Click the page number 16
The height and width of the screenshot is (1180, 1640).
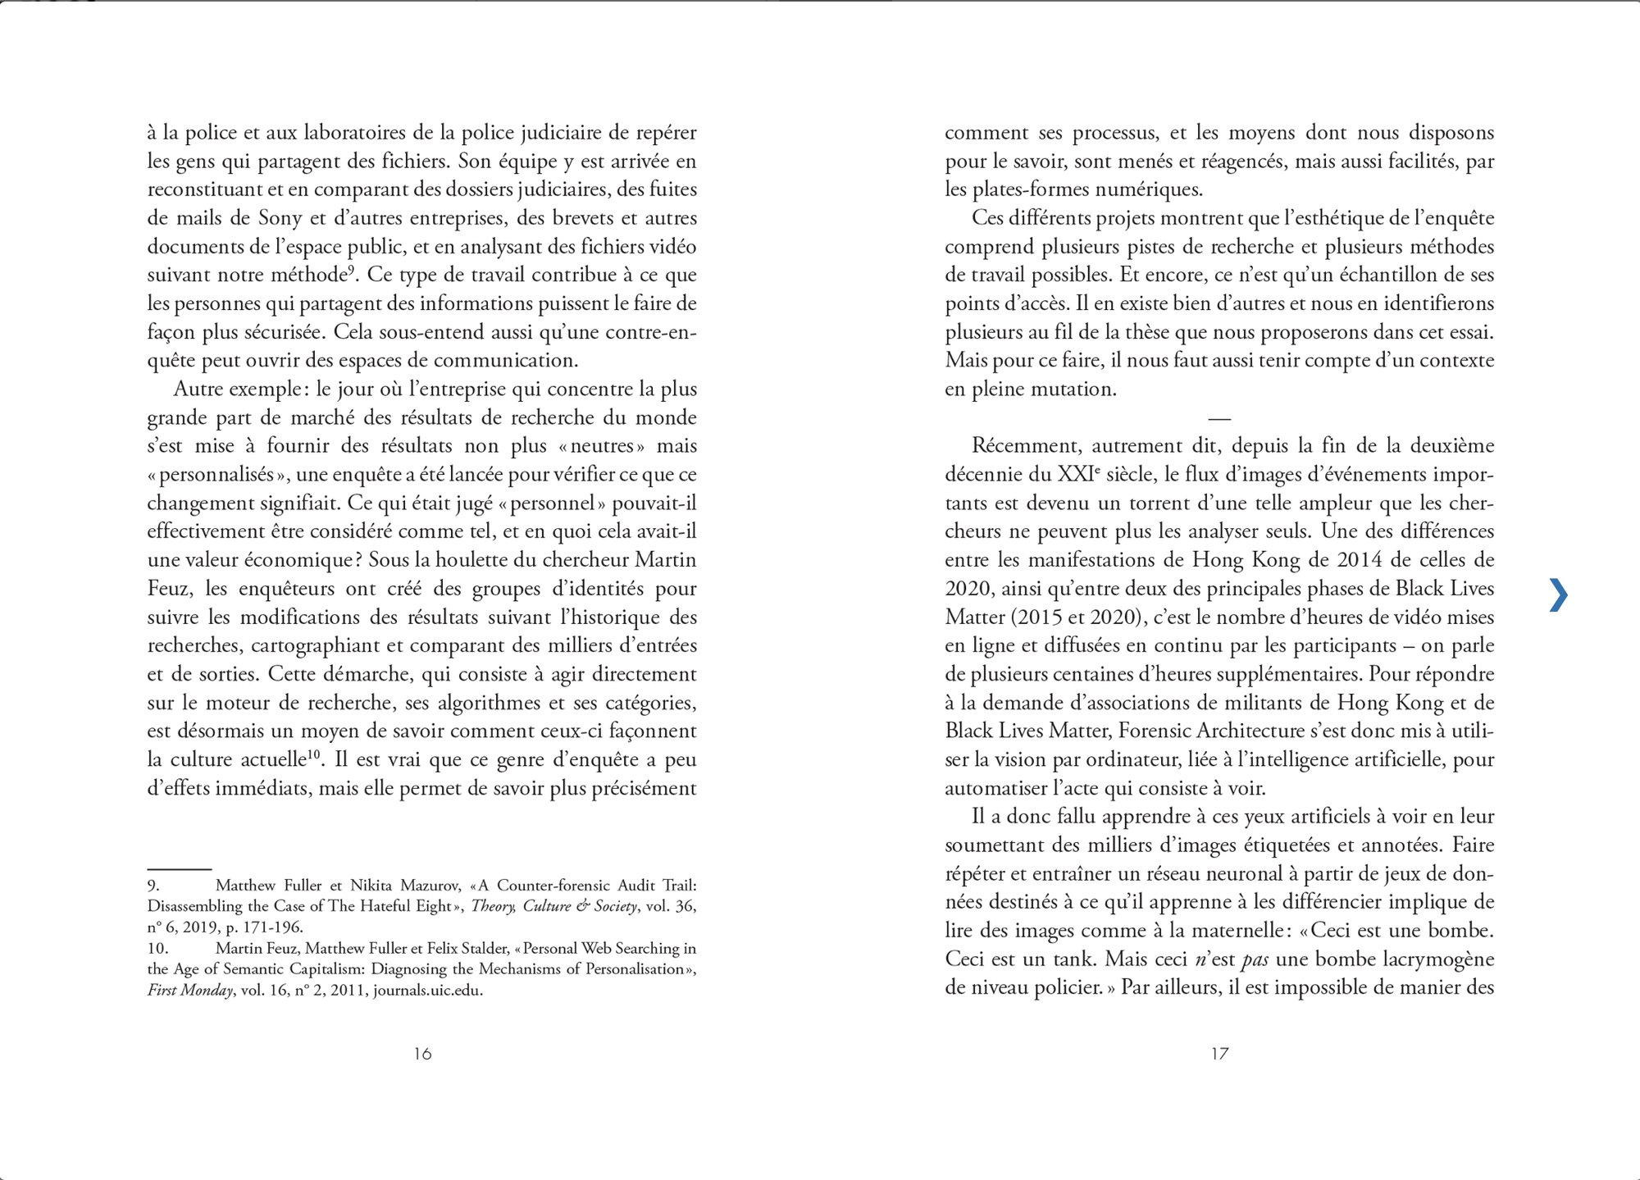tap(422, 1054)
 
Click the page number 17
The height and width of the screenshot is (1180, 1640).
tap(1219, 1054)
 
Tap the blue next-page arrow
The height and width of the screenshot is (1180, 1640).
tap(1558, 595)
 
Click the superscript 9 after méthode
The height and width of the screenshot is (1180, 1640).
tap(350, 268)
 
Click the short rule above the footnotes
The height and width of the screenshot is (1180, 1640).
tap(180, 868)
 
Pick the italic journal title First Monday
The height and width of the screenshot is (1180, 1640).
tap(190, 990)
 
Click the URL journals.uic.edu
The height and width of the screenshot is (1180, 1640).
tap(427, 990)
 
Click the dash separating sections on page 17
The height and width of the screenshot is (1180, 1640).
tap(1219, 419)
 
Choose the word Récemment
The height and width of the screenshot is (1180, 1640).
tap(1025, 446)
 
